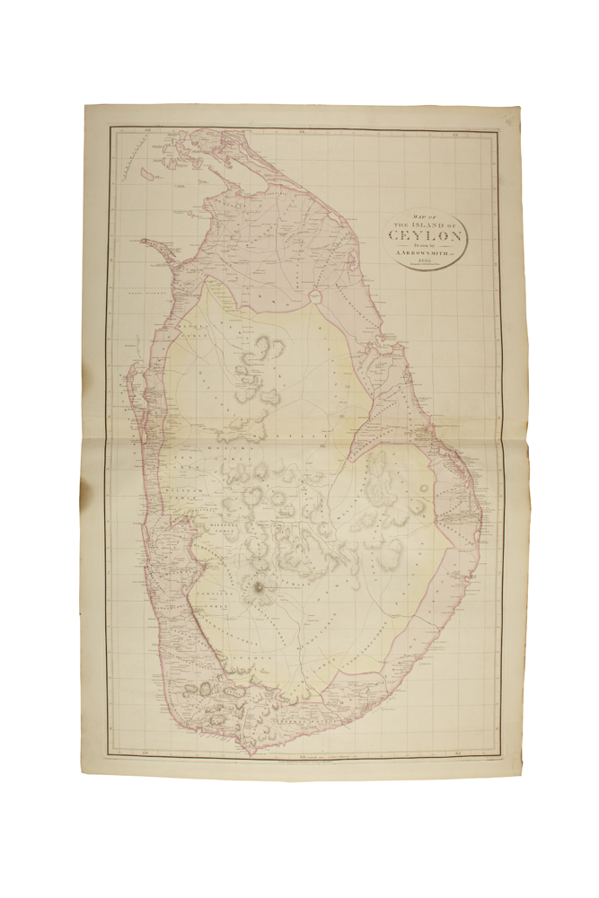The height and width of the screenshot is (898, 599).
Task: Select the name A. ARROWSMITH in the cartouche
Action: click(x=426, y=254)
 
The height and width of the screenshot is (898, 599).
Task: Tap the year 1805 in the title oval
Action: click(x=426, y=262)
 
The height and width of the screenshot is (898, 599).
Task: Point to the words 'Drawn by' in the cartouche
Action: click(x=426, y=246)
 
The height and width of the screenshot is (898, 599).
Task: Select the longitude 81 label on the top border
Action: click(x=302, y=133)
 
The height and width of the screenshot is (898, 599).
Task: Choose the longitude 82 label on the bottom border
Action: click(x=457, y=741)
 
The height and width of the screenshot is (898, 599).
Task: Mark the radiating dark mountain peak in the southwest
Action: click(x=260, y=590)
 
